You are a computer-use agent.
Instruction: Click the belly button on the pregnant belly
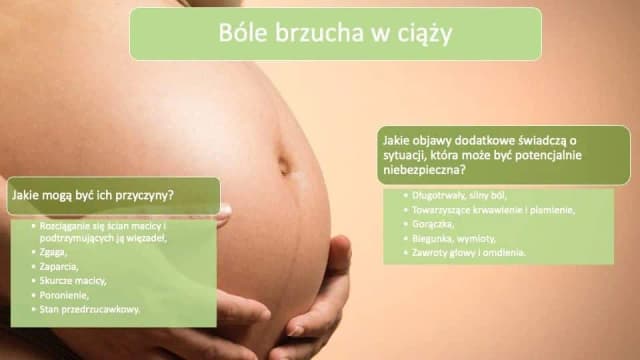284,164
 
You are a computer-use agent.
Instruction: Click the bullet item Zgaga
53,252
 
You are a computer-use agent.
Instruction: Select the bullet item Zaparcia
59,267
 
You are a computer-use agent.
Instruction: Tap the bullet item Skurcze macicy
73,281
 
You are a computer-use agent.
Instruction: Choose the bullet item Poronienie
64,295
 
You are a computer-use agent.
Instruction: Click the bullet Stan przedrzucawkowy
89,309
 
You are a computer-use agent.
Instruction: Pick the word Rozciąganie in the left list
64,226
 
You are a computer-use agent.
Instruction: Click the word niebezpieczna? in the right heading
424,170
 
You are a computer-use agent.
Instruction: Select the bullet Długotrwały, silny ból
459,196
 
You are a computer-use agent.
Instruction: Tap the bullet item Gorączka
433,224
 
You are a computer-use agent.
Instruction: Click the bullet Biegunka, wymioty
453,238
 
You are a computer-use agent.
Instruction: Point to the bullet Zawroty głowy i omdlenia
469,253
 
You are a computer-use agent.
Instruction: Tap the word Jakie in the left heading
24,195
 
